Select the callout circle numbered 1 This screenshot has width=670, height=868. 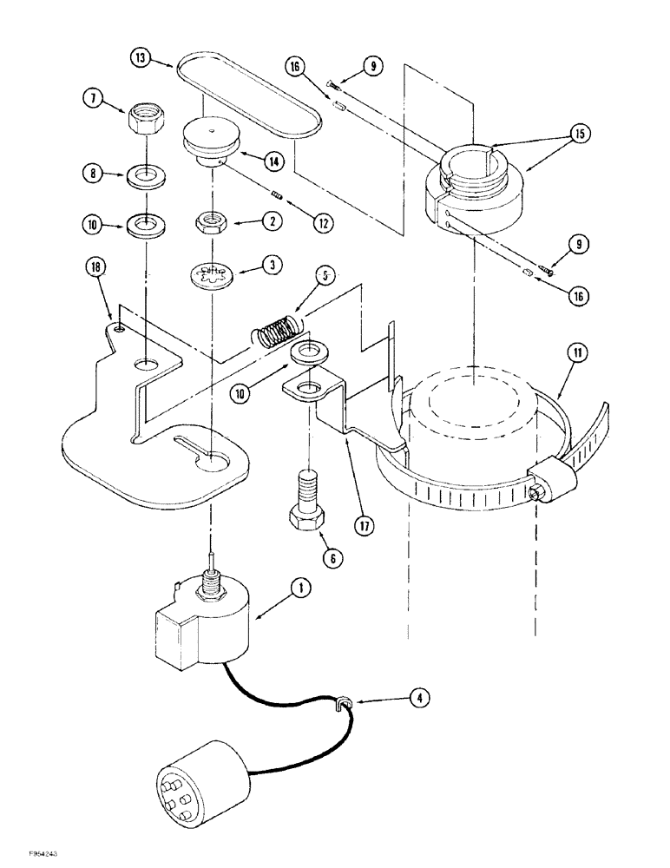pos(300,588)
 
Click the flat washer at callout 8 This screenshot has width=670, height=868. pos(147,177)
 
